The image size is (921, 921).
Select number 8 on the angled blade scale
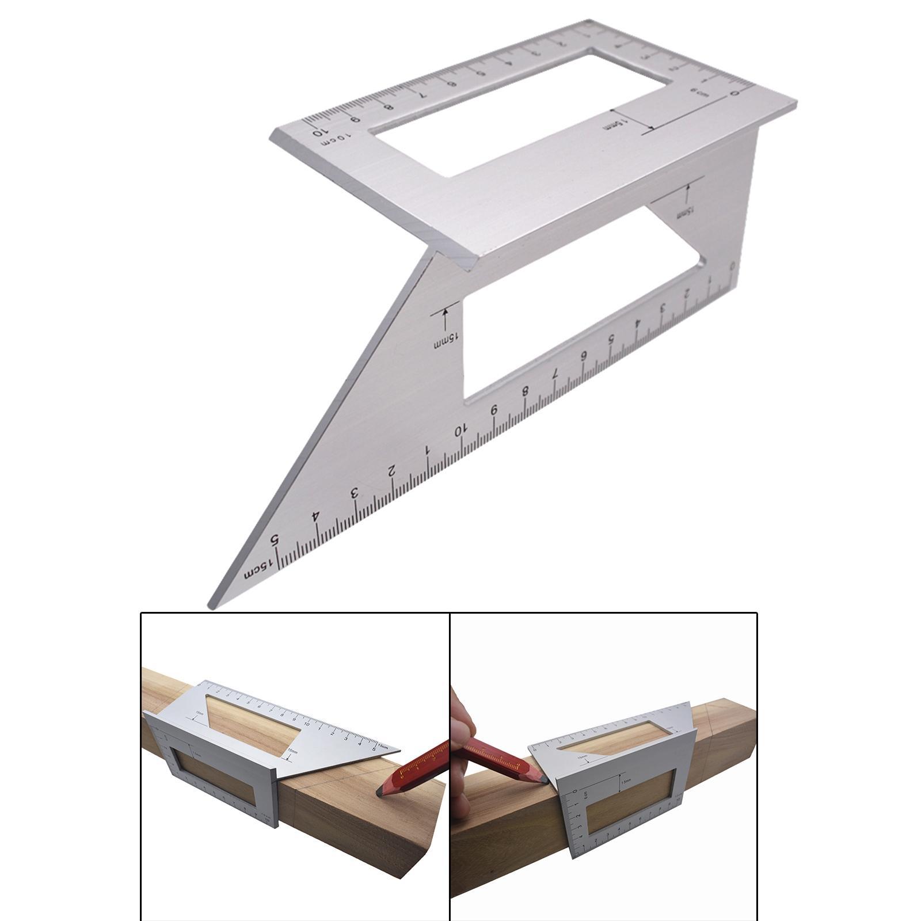525,391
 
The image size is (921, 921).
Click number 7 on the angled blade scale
555,374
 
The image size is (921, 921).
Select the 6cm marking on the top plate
698,92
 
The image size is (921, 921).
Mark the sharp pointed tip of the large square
211,604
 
